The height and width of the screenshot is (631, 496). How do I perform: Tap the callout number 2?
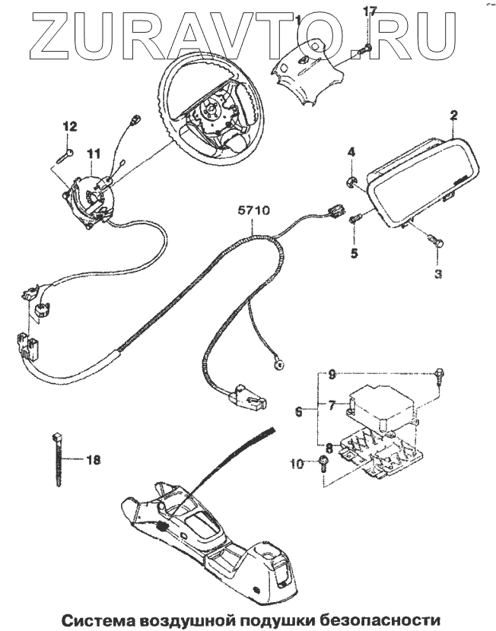pyautogui.click(x=453, y=116)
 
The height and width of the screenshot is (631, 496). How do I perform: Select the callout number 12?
pyautogui.click(x=68, y=126)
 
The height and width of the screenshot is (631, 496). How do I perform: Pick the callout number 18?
pyautogui.click(x=93, y=459)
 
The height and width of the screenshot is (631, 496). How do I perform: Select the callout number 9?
pyautogui.click(x=332, y=374)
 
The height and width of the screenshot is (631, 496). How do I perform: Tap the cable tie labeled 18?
pyautogui.click(x=59, y=460)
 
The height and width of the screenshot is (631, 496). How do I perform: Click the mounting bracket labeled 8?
pyautogui.click(x=380, y=456)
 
